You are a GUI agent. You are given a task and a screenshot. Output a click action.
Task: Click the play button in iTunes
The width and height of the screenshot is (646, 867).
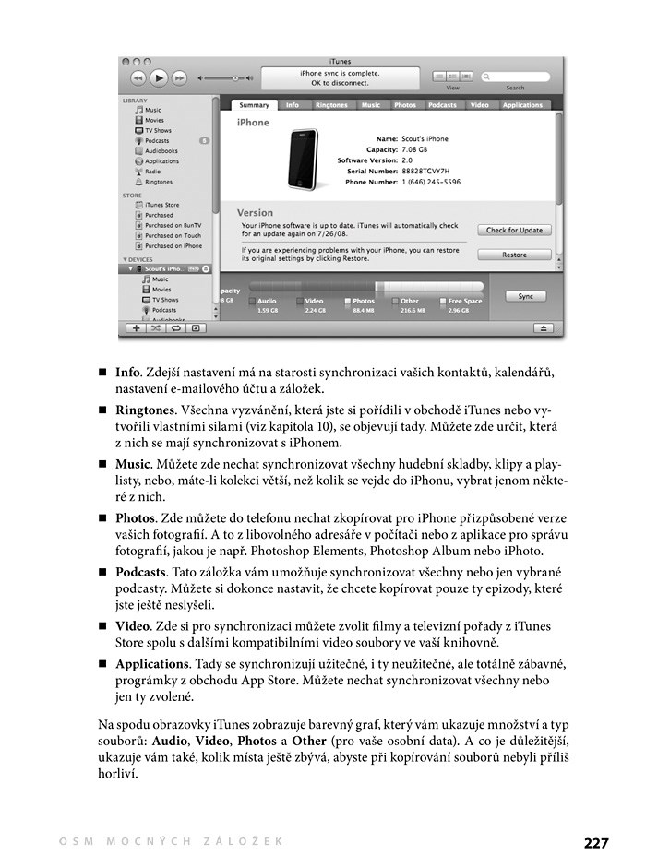coord(159,78)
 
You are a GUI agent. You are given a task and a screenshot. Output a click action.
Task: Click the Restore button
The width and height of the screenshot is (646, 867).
coord(514,255)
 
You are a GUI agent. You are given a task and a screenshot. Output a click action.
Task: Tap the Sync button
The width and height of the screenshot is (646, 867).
coord(525,296)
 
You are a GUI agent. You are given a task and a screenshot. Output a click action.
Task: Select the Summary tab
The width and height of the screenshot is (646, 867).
coord(255,105)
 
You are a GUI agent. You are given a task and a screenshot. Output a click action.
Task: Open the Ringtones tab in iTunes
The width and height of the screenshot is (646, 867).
coord(331,105)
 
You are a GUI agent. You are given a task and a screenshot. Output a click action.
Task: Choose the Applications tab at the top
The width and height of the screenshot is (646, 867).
coord(522,105)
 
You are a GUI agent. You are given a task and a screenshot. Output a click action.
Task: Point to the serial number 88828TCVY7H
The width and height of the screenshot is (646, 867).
coord(425,171)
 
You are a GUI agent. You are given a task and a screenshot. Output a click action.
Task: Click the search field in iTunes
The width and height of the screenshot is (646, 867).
coord(518,77)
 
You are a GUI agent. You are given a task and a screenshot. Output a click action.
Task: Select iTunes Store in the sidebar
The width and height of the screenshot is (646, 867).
coord(162,205)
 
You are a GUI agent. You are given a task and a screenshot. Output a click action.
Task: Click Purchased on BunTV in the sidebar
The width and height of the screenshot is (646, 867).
coord(173,225)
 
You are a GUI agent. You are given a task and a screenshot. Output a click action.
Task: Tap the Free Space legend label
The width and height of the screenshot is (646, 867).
coord(465,301)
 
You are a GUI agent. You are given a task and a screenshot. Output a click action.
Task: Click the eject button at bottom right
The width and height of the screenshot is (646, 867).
coord(543,327)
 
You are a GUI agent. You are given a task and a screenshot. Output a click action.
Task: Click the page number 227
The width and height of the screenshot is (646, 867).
coord(596,842)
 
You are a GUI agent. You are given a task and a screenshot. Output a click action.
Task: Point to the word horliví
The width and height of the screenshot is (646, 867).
coord(119,774)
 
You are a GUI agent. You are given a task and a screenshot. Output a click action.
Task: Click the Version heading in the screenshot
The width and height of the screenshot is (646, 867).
coord(256,213)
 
